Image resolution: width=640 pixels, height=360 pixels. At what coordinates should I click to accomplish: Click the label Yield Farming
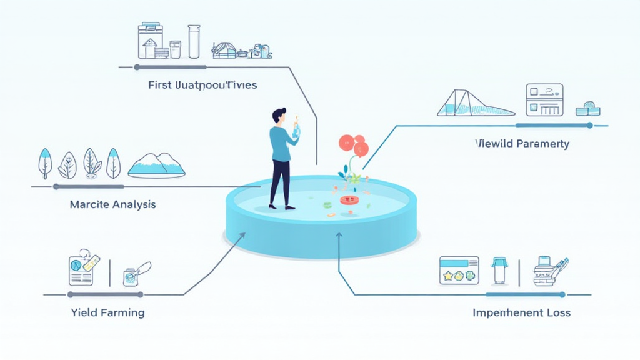pos(107,312)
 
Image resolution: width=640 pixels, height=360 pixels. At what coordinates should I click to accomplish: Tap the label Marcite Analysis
pos(113,204)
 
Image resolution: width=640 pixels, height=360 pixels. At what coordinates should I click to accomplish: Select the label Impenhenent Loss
pos(521,312)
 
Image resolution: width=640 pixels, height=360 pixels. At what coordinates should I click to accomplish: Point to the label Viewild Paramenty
pos(522,144)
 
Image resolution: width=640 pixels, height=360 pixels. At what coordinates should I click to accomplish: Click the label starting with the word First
pos(202,84)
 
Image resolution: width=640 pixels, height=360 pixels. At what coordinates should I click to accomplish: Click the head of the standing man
pos(279,116)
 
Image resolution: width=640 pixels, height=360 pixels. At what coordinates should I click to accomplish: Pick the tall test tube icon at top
pos(194,41)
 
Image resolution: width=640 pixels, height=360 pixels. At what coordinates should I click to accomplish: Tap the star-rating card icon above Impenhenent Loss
pos(459,270)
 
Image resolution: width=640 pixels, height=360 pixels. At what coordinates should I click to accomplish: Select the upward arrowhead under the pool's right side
pos(339,236)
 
